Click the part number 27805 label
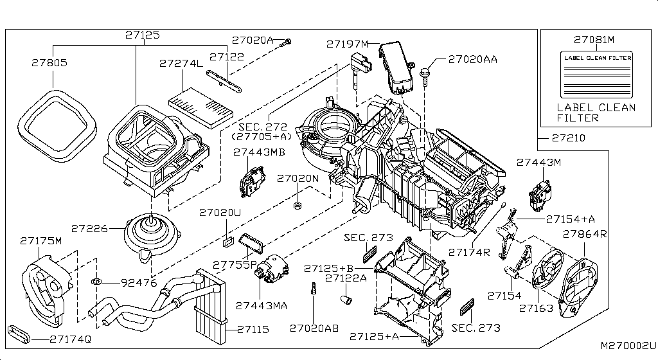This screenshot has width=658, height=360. point(49,62)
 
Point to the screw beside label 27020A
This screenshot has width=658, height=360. point(287,41)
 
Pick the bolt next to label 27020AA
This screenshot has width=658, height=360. point(424,75)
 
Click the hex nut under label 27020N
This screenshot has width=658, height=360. point(297,205)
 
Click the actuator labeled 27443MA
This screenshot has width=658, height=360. point(271,270)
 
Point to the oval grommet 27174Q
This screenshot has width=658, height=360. point(20,334)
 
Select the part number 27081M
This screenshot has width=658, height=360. point(594,40)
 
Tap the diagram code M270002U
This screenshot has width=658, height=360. point(628,345)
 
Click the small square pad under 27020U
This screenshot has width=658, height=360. point(227,241)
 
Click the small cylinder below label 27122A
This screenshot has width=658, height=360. point(346,300)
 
